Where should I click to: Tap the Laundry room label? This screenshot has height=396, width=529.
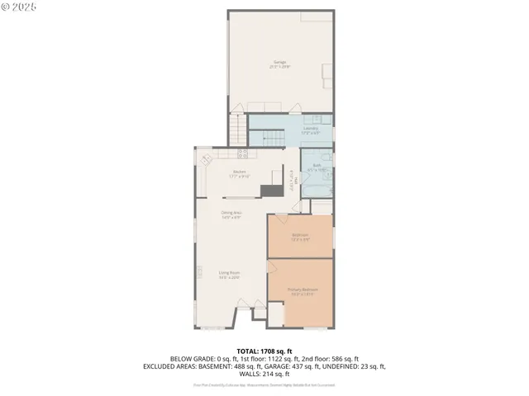(311, 130)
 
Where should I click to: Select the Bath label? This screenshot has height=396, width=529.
(317, 167)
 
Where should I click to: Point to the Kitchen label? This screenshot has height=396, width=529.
(239, 174)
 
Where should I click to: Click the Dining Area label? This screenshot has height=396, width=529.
(231, 214)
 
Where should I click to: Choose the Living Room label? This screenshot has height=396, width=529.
(229, 275)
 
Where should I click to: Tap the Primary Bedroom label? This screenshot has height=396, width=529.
(303, 290)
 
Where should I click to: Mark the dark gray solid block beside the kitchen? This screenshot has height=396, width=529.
(270, 191)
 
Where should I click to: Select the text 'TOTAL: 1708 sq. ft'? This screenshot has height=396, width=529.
(264, 351)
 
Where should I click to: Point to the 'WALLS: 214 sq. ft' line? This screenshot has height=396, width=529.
(264, 374)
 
